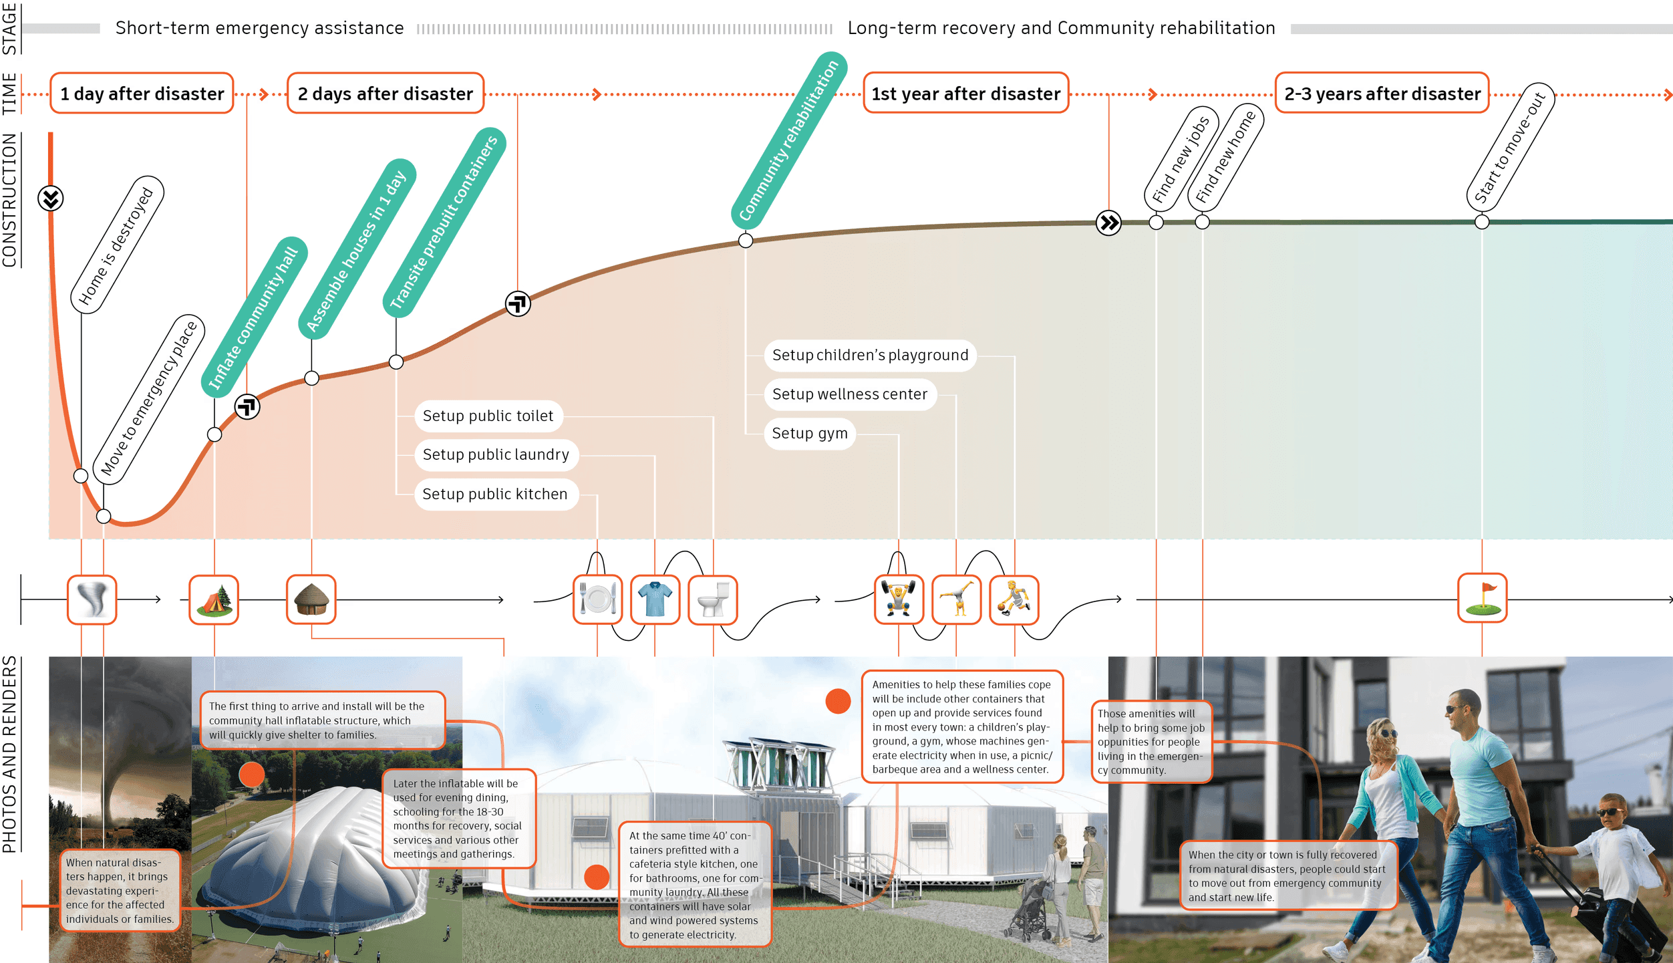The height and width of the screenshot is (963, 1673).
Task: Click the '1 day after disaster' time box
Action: (142, 94)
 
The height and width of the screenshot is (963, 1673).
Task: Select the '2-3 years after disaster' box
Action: (1382, 94)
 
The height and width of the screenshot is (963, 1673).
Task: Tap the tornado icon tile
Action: (92, 599)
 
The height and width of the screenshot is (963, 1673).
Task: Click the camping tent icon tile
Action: (214, 599)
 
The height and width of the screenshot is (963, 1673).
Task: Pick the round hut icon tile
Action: (311, 599)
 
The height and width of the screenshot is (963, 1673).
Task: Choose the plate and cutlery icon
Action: (597, 599)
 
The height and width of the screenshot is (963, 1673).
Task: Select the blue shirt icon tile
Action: (655, 599)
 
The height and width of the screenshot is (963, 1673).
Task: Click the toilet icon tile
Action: (713, 599)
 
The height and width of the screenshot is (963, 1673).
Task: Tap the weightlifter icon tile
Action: (899, 599)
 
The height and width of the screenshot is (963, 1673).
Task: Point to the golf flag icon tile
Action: (1482, 598)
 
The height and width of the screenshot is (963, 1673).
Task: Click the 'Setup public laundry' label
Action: (496, 455)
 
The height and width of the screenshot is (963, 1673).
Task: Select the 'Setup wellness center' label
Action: (850, 394)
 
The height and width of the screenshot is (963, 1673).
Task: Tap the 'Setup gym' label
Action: (810, 434)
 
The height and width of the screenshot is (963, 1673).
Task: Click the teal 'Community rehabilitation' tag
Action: (789, 140)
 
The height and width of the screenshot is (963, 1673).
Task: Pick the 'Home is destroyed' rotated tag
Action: (117, 245)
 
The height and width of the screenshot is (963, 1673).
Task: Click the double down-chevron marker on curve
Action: (51, 198)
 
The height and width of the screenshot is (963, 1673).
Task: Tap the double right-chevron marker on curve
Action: (1109, 223)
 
